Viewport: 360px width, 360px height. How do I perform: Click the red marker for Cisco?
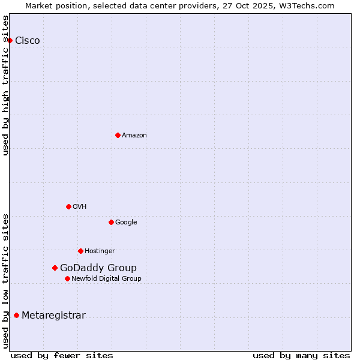(x=10, y=40)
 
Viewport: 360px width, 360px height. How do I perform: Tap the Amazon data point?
(x=118, y=135)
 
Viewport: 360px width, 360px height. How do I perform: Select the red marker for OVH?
(x=68, y=206)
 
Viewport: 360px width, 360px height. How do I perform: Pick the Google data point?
(x=111, y=222)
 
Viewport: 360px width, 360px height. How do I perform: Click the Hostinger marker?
(x=80, y=251)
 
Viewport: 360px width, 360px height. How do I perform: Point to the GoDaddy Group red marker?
(x=55, y=268)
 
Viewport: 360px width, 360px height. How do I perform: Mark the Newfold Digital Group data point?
(x=67, y=278)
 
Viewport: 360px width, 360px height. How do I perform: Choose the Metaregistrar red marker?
(x=16, y=315)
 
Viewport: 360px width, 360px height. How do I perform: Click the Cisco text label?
(x=28, y=40)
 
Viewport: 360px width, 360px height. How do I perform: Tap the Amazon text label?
(x=134, y=135)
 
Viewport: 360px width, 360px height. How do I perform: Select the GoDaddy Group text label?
(x=98, y=268)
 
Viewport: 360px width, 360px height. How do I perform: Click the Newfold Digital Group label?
(x=106, y=278)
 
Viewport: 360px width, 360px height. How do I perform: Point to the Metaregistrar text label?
(x=53, y=315)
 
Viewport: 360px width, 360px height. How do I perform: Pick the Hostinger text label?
(x=100, y=251)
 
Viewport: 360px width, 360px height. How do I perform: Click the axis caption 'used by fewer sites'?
(x=62, y=355)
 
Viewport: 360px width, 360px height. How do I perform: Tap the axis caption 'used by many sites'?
(x=301, y=355)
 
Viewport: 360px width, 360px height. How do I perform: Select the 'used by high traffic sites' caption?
(x=5, y=85)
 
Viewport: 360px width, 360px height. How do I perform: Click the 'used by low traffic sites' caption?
(x=5, y=280)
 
